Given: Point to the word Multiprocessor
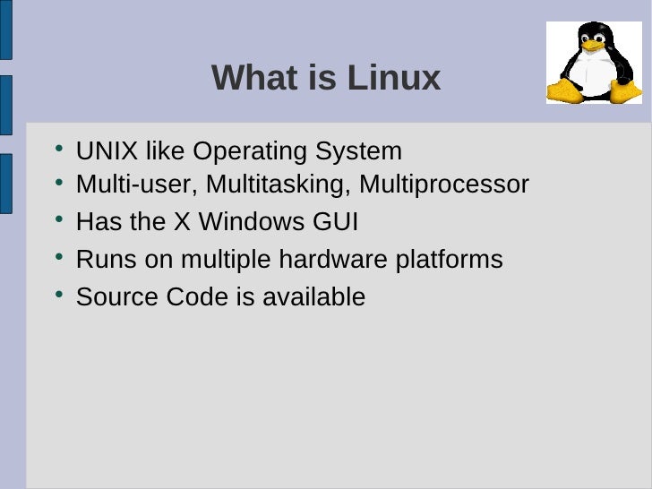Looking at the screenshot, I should tap(444, 184).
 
